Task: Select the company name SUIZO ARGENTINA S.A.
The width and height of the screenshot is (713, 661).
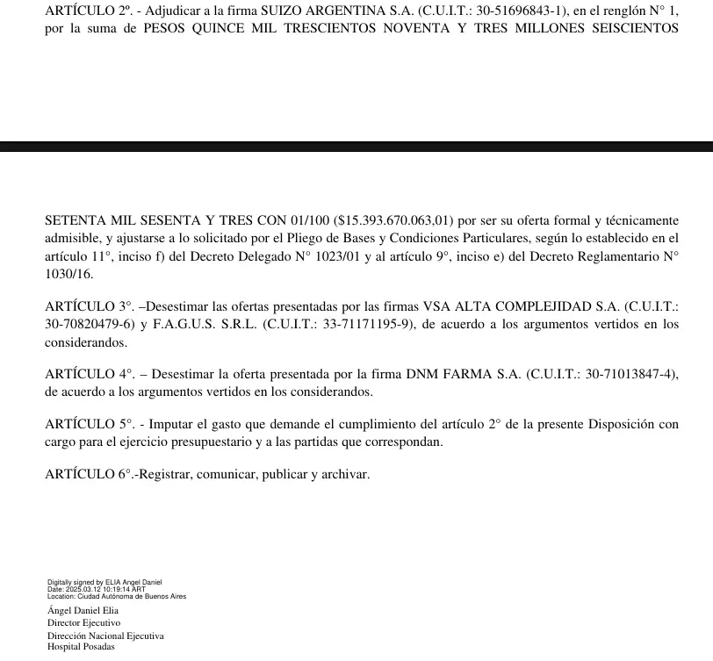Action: tap(318, 11)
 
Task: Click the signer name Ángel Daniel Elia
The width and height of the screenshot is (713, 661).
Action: tap(83, 610)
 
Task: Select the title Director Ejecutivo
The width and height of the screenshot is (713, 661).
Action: tap(83, 622)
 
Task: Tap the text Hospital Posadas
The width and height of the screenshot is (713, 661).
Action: tap(81, 647)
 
